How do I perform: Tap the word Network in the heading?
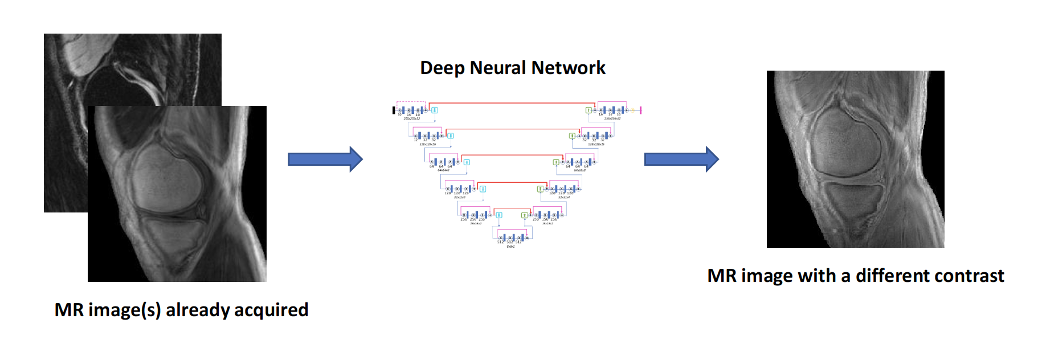point(568,68)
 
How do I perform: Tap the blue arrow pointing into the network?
point(325,159)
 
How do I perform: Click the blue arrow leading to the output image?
point(681,159)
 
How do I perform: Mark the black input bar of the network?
point(394,110)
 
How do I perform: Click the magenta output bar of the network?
point(641,110)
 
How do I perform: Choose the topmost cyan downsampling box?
point(435,110)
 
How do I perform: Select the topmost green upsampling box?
point(589,110)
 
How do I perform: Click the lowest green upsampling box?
point(524,215)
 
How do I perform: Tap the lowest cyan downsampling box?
point(499,215)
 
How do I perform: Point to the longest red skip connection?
point(512,103)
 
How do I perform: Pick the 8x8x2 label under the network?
point(510,247)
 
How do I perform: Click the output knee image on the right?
point(855,159)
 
